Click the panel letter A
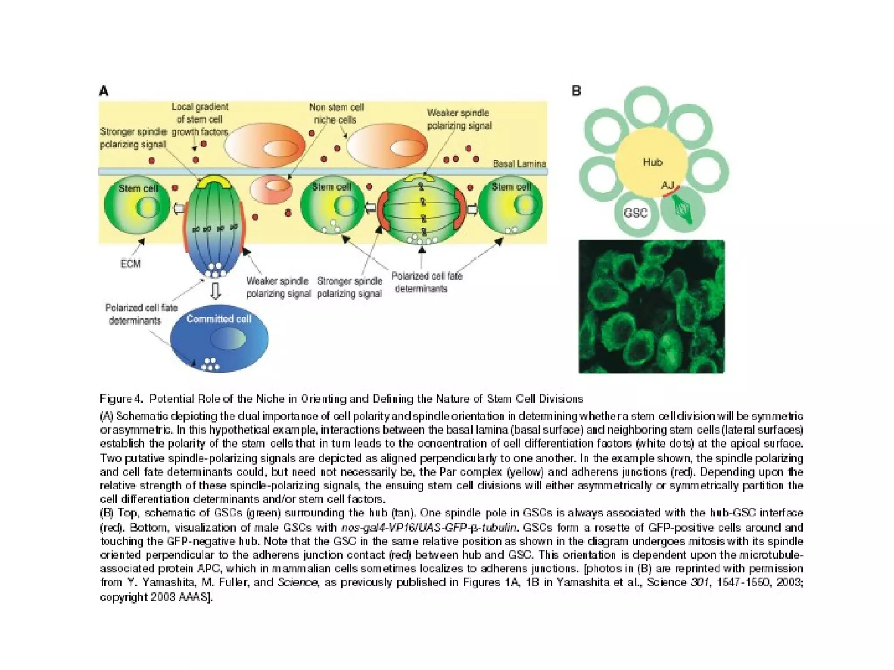[x=104, y=92]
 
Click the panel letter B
[x=576, y=91]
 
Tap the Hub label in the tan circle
[x=653, y=162]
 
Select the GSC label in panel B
[x=636, y=213]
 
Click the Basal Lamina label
[x=519, y=164]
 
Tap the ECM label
[x=131, y=264]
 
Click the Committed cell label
[x=219, y=319]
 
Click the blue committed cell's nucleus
[x=227, y=338]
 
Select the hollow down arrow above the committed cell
[x=215, y=291]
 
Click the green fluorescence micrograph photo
[x=651, y=307]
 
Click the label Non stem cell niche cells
[x=336, y=113]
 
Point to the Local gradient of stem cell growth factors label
[x=200, y=119]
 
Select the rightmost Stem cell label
[x=511, y=187]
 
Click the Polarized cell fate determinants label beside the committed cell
[x=141, y=314]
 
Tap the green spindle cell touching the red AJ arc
[x=683, y=210]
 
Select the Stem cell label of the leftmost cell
[x=138, y=188]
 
